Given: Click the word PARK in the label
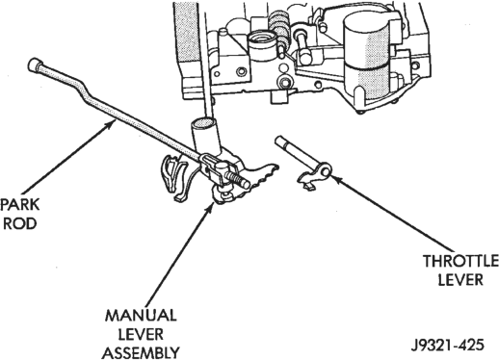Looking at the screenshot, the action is [20, 205].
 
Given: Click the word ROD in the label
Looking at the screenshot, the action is [20, 223].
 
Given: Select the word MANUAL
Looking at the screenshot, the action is [141, 316].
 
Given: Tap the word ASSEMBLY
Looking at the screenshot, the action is [141, 353].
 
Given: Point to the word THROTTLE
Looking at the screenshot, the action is [460, 261].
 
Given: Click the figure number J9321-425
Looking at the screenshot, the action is [447, 346].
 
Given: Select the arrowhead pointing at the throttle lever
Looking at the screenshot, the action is [335, 178].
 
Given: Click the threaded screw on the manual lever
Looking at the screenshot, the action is [237, 180].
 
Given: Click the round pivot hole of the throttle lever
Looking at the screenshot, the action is [326, 172].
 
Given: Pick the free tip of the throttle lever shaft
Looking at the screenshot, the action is [278, 140].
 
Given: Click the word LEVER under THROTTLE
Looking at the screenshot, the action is [460, 280].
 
